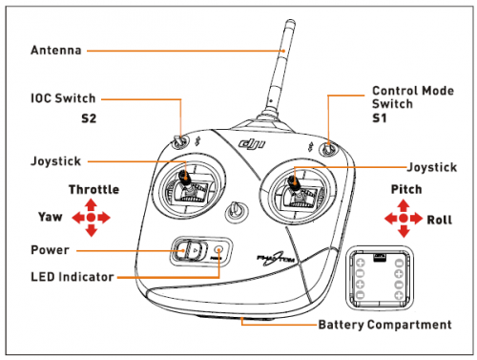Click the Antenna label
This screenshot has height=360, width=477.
coord(56,51)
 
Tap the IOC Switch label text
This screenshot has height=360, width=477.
coord(63,98)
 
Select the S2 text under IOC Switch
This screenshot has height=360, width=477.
coord(89,118)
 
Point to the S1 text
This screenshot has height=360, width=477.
coord(380,118)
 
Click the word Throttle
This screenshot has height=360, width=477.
coord(94,189)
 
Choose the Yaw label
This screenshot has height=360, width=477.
coord(51,217)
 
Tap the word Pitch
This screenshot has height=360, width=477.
coord(406,189)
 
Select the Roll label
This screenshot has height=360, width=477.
coord(439,220)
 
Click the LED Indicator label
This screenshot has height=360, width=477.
coord(73,277)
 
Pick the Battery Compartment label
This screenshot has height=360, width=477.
coord(385,325)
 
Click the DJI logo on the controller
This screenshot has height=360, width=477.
coord(252,144)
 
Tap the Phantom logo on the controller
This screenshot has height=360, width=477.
coord(276,260)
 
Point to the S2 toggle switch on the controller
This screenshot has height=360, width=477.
coord(178,142)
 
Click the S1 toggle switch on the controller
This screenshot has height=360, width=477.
coord(328,148)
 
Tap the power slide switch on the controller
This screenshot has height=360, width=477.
coord(190,250)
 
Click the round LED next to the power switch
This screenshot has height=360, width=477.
coord(218,250)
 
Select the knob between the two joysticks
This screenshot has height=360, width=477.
coord(237,211)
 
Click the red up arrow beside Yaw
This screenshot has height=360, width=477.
coord(92,204)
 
